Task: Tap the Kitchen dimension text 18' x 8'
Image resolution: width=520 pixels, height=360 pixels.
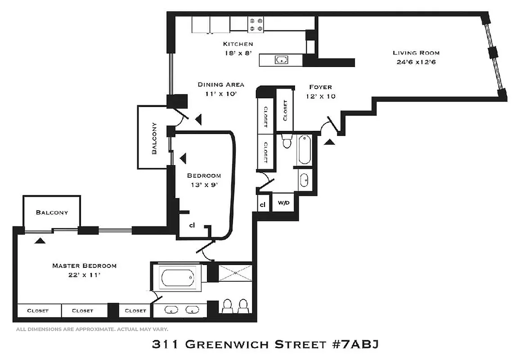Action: point(238,53)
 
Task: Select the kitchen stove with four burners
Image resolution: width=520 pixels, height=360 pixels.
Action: point(256,24)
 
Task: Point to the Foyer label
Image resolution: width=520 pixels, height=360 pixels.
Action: point(320,87)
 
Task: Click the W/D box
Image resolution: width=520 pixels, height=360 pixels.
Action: point(283,203)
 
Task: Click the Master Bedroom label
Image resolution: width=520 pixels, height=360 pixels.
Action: point(84,265)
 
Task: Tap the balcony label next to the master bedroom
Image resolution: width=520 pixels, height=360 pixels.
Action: point(52,212)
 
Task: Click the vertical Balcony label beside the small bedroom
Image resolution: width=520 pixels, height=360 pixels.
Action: point(154,139)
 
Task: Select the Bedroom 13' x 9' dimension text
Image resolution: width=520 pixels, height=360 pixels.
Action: point(204,184)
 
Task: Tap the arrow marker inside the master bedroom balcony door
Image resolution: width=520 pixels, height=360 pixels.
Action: point(40,241)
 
